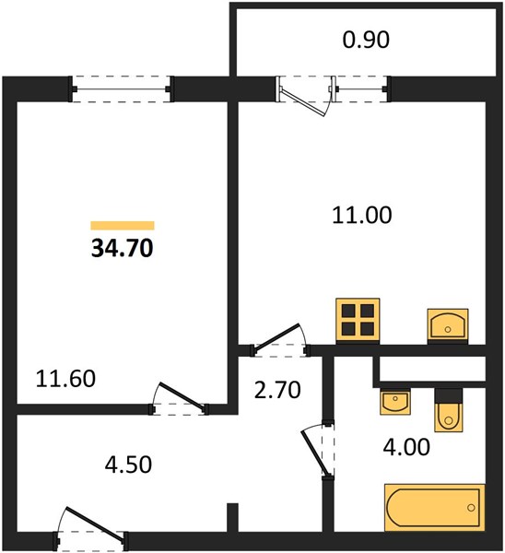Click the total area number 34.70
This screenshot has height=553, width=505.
(x=122, y=248)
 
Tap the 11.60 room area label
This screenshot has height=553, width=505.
(x=65, y=379)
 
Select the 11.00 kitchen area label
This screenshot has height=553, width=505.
(x=362, y=215)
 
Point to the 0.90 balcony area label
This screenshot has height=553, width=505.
(x=366, y=40)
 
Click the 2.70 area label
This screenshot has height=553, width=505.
(x=277, y=390)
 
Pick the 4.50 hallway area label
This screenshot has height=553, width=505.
(x=128, y=465)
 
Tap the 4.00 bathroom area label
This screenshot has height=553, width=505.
(x=406, y=447)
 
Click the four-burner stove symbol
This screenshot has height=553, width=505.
(x=358, y=320)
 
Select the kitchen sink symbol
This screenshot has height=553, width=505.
(x=448, y=326)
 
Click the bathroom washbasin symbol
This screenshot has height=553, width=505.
(x=395, y=402)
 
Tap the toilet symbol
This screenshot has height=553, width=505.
(x=448, y=410)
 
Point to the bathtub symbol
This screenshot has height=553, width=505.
(x=434, y=508)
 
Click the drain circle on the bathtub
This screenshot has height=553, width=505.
(x=471, y=508)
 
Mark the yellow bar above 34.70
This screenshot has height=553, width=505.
(x=123, y=226)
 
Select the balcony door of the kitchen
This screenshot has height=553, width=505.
(x=306, y=95)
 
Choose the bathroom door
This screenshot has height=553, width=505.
(x=318, y=451)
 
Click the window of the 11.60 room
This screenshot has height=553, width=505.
(x=122, y=88)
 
